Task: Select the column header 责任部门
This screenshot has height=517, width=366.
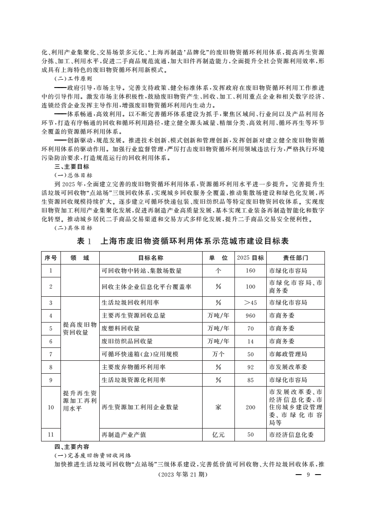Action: [x=295, y=258]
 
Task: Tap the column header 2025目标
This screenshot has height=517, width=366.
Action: [x=250, y=258]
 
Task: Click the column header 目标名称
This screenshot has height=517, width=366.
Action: [x=151, y=258]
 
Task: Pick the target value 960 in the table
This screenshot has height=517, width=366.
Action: [x=250, y=316]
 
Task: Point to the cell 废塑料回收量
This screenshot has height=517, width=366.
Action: [x=120, y=329]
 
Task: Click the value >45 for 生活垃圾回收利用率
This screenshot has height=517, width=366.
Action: [x=250, y=303]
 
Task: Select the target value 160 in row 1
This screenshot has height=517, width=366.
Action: [x=250, y=270]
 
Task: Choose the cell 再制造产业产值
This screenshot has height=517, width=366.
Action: [x=124, y=434]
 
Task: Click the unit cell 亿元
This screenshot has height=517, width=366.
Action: [x=218, y=434]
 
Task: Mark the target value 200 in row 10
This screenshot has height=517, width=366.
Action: [x=250, y=407]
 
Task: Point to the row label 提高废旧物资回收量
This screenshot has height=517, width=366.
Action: [x=79, y=329]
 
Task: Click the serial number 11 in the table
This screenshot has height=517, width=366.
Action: [x=51, y=434]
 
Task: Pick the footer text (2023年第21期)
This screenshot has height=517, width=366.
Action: [x=183, y=475]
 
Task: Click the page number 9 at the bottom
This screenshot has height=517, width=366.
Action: [x=307, y=475]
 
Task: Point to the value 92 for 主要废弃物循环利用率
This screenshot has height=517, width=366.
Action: [x=250, y=367]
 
